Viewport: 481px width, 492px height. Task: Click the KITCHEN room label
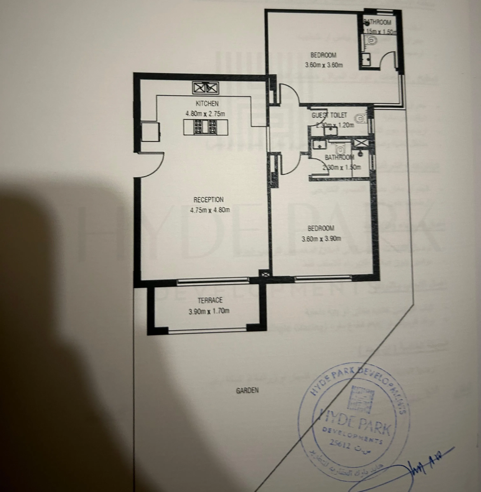(207, 104)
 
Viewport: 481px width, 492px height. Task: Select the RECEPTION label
(208, 200)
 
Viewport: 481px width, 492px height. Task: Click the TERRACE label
(210, 300)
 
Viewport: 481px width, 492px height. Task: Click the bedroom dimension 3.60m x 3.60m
(324, 65)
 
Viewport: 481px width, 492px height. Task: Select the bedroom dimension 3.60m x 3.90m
(321, 239)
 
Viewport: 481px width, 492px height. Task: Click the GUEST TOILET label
(329, 115)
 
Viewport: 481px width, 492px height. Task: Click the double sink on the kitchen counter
(205, 88)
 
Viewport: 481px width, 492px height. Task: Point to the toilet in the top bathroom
(371, 40)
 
